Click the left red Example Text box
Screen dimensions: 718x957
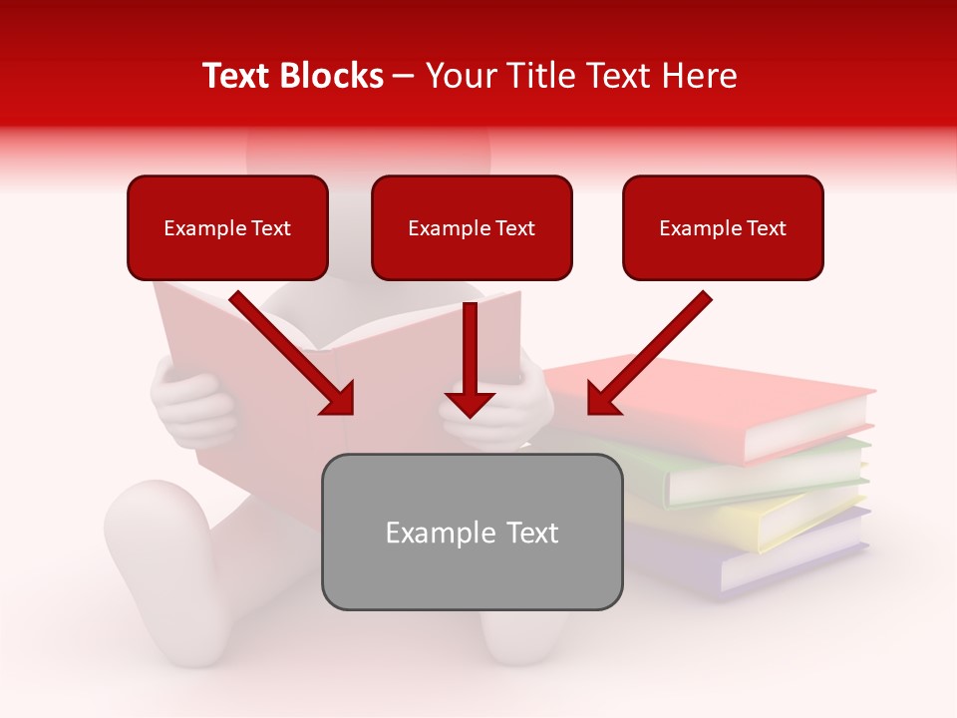point(227,228)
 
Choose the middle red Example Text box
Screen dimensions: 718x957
point(472,228)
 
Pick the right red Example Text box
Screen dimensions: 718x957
point(723,228)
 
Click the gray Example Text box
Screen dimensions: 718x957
point(472,533)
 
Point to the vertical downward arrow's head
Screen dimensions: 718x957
point(470,404)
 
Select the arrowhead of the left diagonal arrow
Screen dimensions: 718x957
point(339,400)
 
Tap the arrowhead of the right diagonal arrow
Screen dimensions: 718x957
point(601,400)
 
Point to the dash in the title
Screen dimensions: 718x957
point(404,76)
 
